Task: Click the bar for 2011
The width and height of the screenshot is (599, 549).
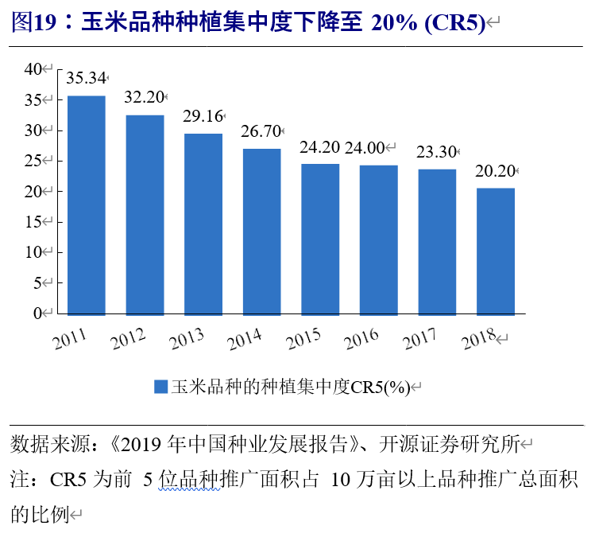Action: pyautogui.click(x=86, y=205)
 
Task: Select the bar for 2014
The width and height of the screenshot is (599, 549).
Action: pyautogui.click(x=261, y=232)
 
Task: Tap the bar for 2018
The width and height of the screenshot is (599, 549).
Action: pyautogui.click(x=496, y=251)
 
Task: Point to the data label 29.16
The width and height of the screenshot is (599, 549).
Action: pyautogui.click(x=203, y=116)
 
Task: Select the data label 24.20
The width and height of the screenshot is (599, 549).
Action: pyautogui.click(x=319, y=147)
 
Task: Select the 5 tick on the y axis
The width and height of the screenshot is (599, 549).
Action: pyautogui.click(x=37, y=282)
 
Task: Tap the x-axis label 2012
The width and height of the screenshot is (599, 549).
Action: pyautogui.click(x=129, y=339)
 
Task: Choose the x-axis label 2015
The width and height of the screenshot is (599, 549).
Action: pyautogui.click(x=304, y=339)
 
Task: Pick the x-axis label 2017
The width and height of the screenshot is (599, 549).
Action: pyautogui.click(x=421, y=339)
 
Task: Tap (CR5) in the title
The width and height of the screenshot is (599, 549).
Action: pyautogui.click(x=454, y=23)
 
